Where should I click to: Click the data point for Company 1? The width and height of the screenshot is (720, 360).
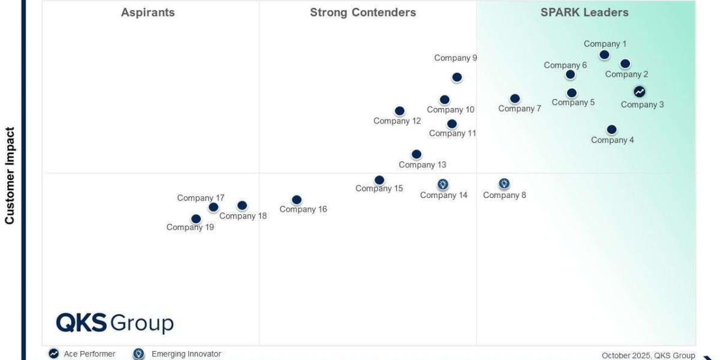tap(604, 55)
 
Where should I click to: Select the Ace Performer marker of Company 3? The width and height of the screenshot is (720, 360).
tap(640, 92)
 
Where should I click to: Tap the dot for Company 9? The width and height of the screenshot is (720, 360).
tap(457, 77)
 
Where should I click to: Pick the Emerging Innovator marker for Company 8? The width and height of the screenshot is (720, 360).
tap(504, 184)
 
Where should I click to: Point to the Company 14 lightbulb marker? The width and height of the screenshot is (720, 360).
tap(443, 184)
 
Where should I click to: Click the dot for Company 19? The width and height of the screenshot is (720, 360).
tap(196, 219)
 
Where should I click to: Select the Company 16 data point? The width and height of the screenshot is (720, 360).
tap(296, 200)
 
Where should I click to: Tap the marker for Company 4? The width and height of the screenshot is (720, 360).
tap(611, 130)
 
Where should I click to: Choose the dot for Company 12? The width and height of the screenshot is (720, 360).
tap(400, 111)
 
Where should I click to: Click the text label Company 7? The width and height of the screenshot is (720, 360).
tap(520, 109)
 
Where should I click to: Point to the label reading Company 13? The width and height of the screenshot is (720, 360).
tap(422, 165)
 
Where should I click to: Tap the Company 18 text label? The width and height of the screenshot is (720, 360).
tap(243, 216)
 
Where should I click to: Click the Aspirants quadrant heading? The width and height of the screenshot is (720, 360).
tap(148, 13)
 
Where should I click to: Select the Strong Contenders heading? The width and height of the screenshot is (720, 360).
tap(362, 13)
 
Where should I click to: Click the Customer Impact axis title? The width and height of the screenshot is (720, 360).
tap(10, 175)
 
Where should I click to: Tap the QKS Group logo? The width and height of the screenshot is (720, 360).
tap(115, 323)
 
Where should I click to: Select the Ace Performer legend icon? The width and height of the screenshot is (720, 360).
tap(54, 354)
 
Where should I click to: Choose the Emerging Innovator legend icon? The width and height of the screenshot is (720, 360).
tap(139, 354)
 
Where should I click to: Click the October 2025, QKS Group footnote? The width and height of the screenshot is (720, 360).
tap(648, 355)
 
